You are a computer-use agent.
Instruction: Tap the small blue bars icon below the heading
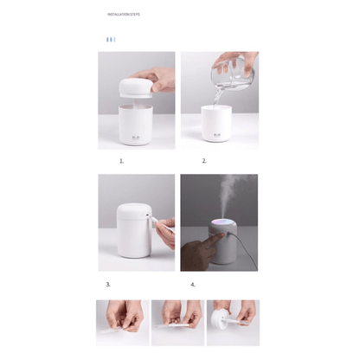pos(110,40)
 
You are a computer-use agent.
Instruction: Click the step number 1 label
pos(121,161)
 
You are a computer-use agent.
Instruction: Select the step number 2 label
pos(204,161)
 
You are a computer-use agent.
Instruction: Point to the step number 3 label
pos(108,284)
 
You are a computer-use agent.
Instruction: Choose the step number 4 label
pos(192,284)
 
